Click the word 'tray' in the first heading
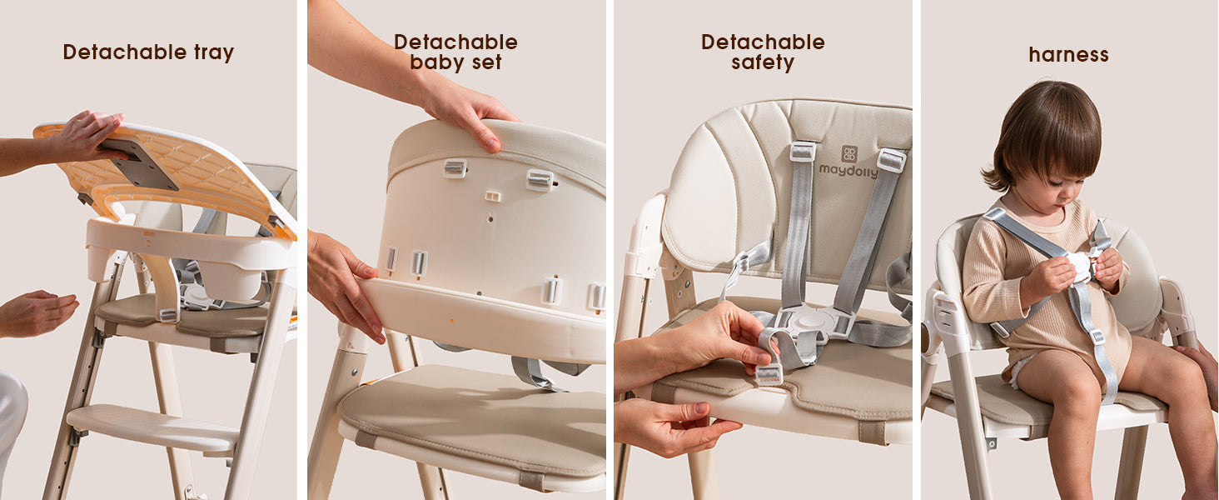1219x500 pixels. pyautogui.click(x=214, y=52)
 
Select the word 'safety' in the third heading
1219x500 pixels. pyautogui.click(x=763, y=62)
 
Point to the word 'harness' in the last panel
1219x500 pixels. pyautogui.click(x=1068, y=54)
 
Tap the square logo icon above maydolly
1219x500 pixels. pyautogui.click(x=849, y=153)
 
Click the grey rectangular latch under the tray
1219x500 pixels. pyautogui.click(x=138, y=162)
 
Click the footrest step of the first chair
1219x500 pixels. pyautogui.click(x=152, y=428)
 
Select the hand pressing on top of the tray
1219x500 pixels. pyautogui.click(x=87, y=136)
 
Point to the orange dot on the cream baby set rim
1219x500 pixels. pyautogui.click(x=451, y=320)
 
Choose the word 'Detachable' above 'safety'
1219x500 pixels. pyautogui.click(x=763, y=42)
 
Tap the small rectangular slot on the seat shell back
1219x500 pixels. pyautogui.click(x=492, y=196)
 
